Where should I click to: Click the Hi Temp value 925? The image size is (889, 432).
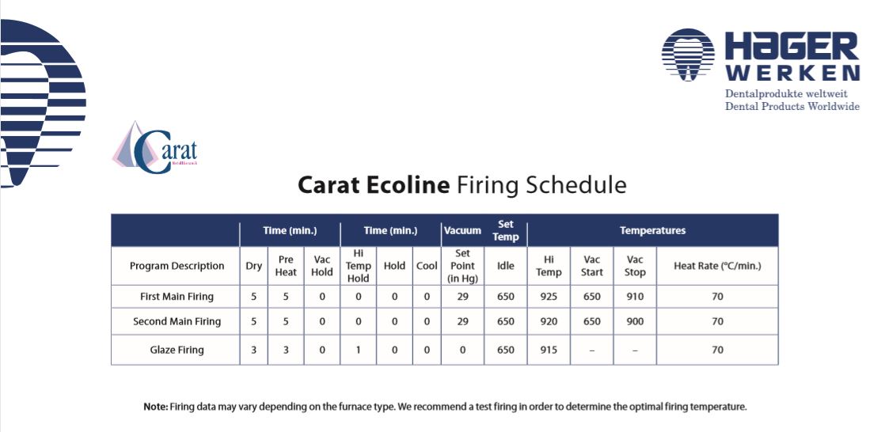coord(549,297)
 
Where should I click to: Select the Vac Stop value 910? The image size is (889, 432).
coord(635,297)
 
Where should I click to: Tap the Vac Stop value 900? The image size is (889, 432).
coord(635,321)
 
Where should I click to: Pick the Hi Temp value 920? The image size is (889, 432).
coord(549,321)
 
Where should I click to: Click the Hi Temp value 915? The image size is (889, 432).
coord(549,350)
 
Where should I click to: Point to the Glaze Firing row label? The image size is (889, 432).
coord(177,350)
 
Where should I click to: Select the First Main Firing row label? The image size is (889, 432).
coord(177,297)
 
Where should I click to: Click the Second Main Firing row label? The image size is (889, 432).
coord(177,321)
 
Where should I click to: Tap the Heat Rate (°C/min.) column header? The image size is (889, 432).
coord(717,266)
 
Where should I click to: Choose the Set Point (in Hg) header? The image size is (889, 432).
coord(462,266)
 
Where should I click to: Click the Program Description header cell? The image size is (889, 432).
coord(177,266)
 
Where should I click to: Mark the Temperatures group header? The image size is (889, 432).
coord(652,231)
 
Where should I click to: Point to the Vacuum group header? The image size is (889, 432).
coord(462,231)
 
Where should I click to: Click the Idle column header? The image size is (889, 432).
coord(506,266)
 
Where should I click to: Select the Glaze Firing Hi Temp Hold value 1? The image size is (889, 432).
coord(359,350)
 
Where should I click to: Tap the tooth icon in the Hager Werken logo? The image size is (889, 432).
coord(688,55)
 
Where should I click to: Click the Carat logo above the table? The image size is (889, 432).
coord(155,147)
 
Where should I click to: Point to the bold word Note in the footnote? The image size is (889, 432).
coord(155,407)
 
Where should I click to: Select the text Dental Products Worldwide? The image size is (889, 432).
coord(792,107)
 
